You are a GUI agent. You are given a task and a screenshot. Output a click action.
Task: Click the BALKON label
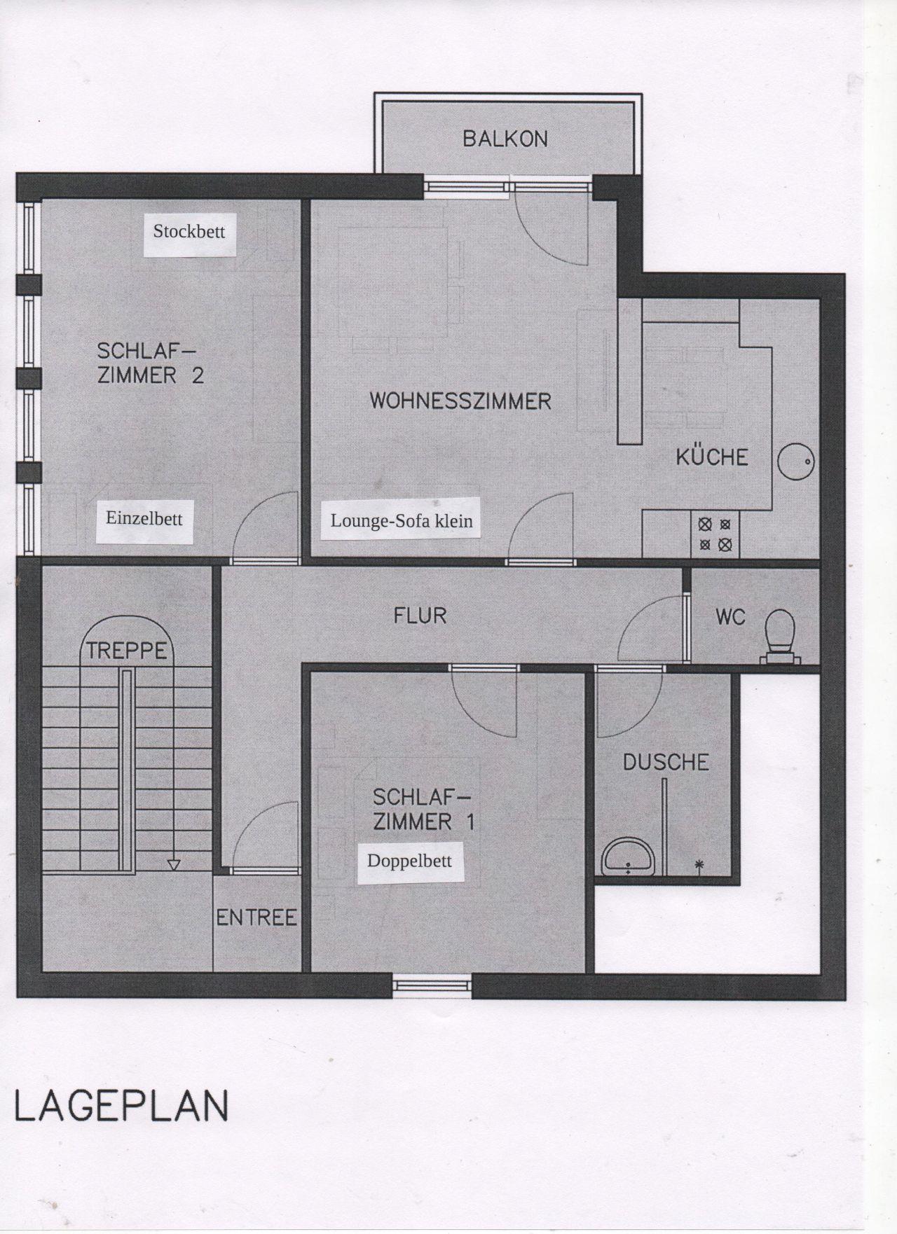coord(505,139)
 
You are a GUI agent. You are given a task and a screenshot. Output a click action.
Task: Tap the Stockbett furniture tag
coord(189,232)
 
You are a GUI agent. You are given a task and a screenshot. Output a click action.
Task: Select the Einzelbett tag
coord(144,520)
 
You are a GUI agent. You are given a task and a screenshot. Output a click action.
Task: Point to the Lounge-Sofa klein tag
coord(402,520)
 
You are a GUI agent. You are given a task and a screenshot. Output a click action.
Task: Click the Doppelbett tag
coord(410,861)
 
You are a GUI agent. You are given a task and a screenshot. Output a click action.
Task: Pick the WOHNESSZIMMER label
coord(460,401)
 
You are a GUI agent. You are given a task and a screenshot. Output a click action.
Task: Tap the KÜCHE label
coord(711,457)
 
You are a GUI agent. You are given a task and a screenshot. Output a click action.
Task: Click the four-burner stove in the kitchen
coord(715,534)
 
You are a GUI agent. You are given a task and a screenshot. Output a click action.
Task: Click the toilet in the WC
coord(780,635)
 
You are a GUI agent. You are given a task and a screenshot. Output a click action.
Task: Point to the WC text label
coord(730,617)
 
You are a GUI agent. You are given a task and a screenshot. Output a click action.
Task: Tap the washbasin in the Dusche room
coord(629,857)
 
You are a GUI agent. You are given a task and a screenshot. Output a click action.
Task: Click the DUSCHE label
coord(666,762)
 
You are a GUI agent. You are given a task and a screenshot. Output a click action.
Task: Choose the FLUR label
coord(420,616)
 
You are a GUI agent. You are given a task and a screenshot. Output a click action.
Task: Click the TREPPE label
coord(127,651)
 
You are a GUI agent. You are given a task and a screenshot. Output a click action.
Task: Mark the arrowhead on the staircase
coord(174,865)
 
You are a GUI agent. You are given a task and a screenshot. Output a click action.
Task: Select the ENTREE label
coord(256,917)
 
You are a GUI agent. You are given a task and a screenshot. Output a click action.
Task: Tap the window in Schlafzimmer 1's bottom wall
coord(432,985)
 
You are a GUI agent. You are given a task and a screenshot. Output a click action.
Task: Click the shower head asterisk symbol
coord(699,866)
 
